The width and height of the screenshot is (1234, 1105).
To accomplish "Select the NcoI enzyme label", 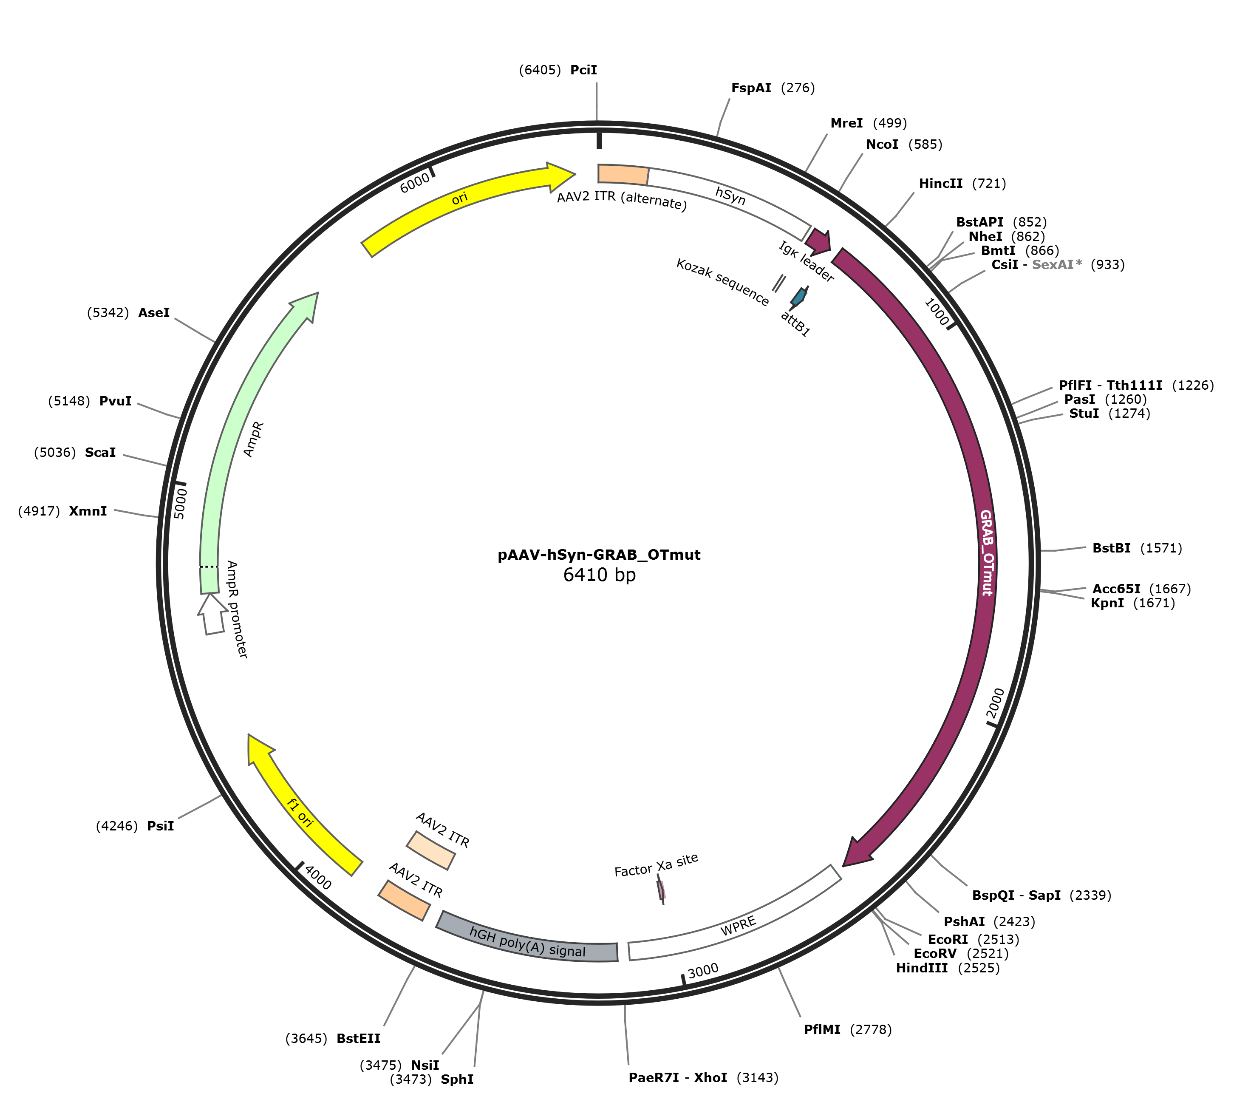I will [882, 144].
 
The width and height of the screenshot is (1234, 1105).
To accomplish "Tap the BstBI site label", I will [1111, 548].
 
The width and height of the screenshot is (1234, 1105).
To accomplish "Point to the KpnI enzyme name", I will [1107, 603].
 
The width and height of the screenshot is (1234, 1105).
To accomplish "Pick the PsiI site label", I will [160, 826].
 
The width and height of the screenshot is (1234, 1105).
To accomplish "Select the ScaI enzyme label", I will [100, 452].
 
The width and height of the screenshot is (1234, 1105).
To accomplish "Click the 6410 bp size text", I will [599, 574].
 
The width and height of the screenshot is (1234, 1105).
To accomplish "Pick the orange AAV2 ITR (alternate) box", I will [623, 174].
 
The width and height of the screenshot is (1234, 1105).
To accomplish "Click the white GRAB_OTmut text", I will [986, 552].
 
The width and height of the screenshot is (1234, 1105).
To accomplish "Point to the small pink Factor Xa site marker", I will [661, 890].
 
